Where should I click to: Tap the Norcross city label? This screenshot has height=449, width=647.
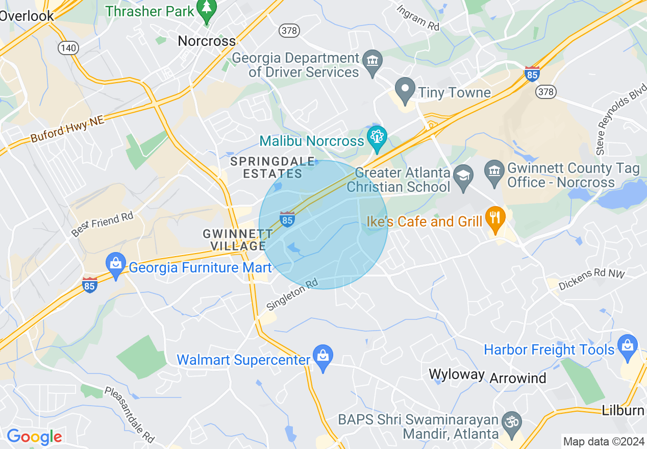pos(207,41)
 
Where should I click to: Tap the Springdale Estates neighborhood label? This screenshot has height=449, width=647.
pos(272,167)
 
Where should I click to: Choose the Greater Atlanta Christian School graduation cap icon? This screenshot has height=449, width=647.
pos(464,175)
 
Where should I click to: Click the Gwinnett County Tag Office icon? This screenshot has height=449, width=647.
pos(494,169)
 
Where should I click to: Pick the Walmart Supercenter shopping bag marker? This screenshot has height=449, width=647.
pos(323,357)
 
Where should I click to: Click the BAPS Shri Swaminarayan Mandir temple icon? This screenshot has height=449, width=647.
pos(512,422)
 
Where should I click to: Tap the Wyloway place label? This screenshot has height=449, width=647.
pos(457,374)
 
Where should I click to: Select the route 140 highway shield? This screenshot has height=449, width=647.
pos(68,48)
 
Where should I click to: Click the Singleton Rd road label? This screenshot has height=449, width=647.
pos(292,294)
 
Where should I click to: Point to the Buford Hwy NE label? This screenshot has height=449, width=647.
pos(67,129)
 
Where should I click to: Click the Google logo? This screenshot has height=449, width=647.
pos(34,437)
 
